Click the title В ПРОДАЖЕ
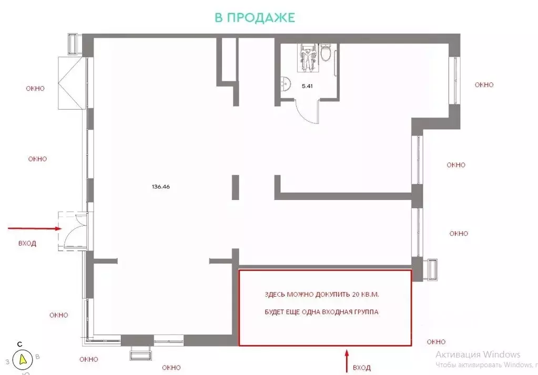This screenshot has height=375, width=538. coord(255,17)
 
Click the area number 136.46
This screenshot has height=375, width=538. coord(160,187)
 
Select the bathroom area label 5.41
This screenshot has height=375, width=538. coord(307,86)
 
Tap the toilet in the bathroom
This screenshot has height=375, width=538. coord(326,53)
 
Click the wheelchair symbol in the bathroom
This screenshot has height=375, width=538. coord(308,58)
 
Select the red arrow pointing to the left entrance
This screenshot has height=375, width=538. coord(35,228)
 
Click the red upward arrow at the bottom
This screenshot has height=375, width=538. coord(347,361)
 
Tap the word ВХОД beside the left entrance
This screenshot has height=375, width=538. coord(27,243)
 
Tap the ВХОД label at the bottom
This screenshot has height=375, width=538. coord(362,368)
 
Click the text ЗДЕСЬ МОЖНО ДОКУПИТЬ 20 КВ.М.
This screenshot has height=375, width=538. coord(322,295)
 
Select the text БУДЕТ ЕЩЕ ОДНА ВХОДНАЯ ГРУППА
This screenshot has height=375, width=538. coord(321,312)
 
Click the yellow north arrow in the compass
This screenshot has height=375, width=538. coord(23,360)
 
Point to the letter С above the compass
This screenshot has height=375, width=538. coord(20,345)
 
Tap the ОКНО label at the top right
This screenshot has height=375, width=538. coord(484,85)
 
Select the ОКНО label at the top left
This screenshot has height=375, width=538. coord(35,88)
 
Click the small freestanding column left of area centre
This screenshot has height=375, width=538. coord(236,187)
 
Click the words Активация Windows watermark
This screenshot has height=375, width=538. coord(478,355)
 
